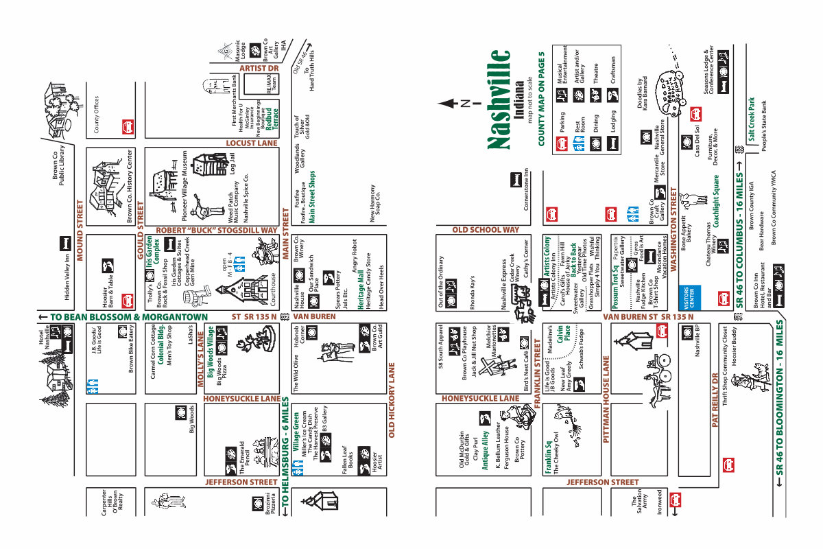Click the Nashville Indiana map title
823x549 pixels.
499,100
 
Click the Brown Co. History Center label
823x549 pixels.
129,185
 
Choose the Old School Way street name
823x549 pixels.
485,230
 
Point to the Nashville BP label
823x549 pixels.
697,342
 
